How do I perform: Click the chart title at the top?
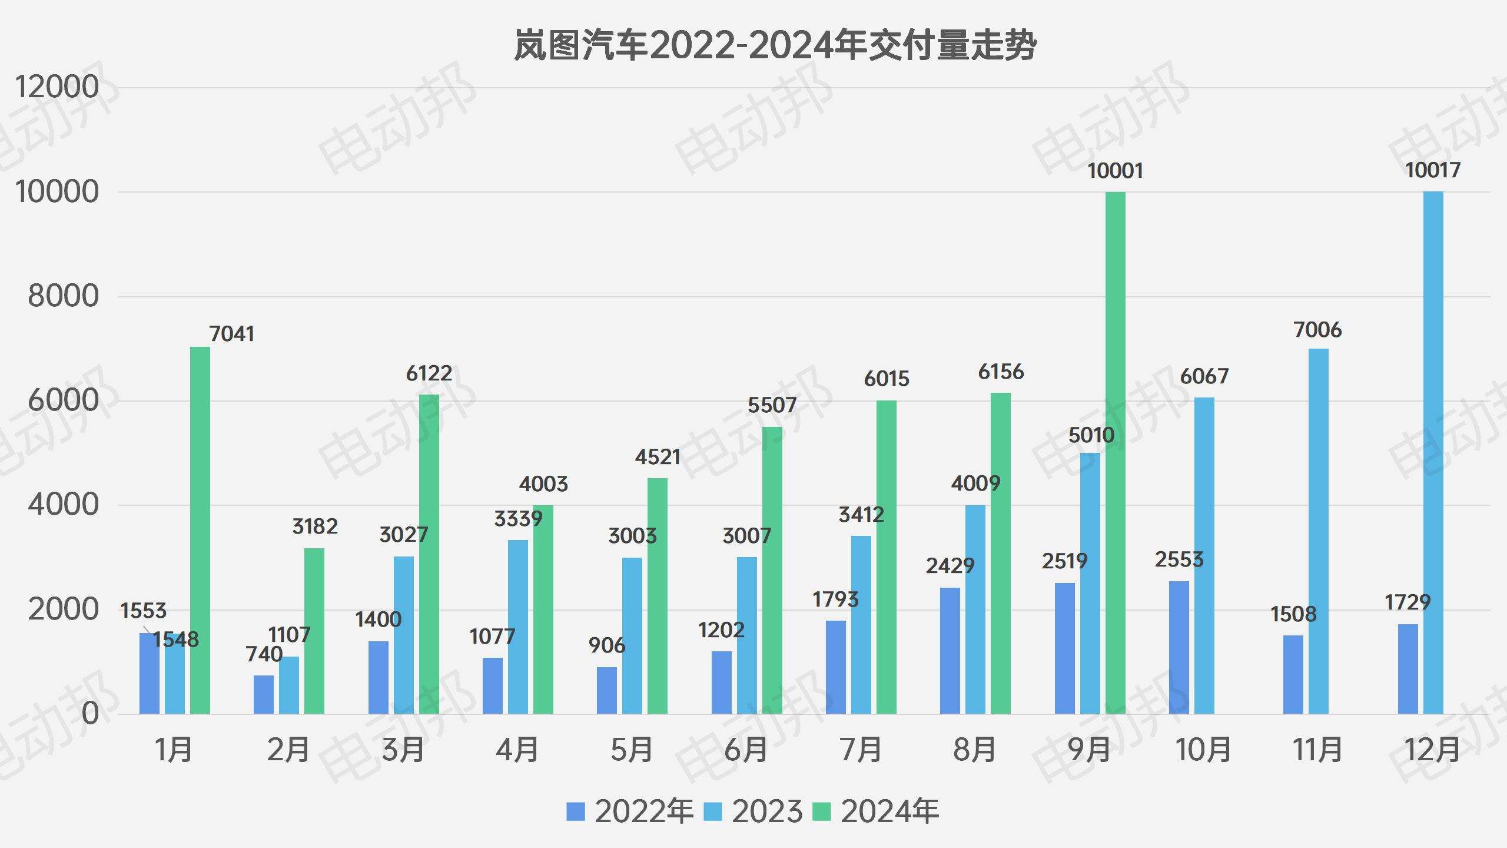tap(775, 45)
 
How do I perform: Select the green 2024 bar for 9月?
tap(1115, 453)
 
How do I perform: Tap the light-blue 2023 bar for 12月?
tap(1433, 453)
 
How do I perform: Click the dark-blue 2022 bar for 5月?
tap(606, 690)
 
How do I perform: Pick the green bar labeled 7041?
tap(200, 530)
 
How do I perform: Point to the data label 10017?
tap(1432, 170)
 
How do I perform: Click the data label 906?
tap(606, 645)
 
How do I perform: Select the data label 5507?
tap(771, 405)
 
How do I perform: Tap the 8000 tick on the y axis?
tap(63, 296)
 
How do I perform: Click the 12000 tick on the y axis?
tap(57, 87)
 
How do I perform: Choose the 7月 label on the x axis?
tap(861, 750)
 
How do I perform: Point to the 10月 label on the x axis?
tap(1203, 750)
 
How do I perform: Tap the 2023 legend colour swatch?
tap(713, 811)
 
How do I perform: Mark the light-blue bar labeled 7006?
tap(1318, 530)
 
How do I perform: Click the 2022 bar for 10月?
tap(1179, 648)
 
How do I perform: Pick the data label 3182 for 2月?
tap(315, 526)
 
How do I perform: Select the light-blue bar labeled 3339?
tap(517, 627)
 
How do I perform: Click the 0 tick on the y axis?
tap(90, 714)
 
